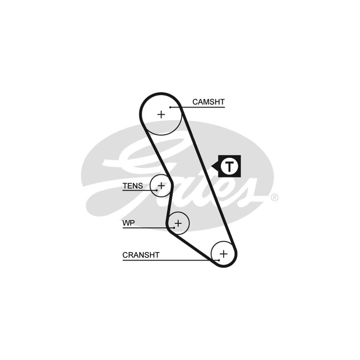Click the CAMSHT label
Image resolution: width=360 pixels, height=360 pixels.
point(208,102)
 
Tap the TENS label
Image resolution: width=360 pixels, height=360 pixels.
point(133,185)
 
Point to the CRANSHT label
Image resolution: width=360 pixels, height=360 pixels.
point(141,255)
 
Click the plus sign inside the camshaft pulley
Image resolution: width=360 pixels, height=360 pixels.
point(161,114)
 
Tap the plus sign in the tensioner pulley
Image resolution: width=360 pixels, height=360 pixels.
point(161,185)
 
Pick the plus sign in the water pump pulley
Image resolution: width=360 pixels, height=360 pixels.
point(178,223)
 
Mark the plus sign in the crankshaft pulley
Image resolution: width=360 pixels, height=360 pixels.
point(224,253)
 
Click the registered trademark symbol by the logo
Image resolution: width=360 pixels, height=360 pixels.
point(274,197)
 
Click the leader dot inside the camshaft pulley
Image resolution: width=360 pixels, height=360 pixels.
point(171,107)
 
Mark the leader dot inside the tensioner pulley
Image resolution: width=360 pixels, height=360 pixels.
point(156,190)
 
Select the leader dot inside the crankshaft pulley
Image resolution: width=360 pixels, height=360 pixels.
point(218,260)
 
